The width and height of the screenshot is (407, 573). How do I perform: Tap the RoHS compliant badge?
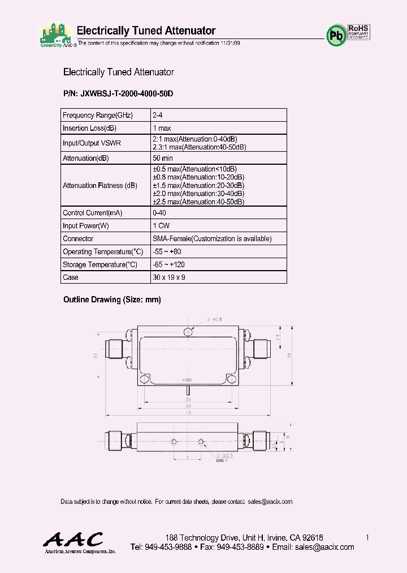tap(358, 31)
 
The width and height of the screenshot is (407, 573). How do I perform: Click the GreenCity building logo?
tap(56, 35)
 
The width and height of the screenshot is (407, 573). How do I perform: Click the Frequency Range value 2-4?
tap(158, 116)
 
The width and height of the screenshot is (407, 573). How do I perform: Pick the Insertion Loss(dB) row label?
tap(89, 129)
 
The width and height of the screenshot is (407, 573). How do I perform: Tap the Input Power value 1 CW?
tap(162, 226)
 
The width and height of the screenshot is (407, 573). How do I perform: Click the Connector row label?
tap(78, 239)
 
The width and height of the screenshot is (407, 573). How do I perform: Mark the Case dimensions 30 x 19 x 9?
tap(169, 278)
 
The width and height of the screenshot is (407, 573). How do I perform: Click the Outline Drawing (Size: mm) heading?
tap(112, 300)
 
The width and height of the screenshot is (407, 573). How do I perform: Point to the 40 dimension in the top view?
tap(188, 412)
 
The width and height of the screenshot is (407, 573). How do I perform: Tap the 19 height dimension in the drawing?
tap(289, 355)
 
